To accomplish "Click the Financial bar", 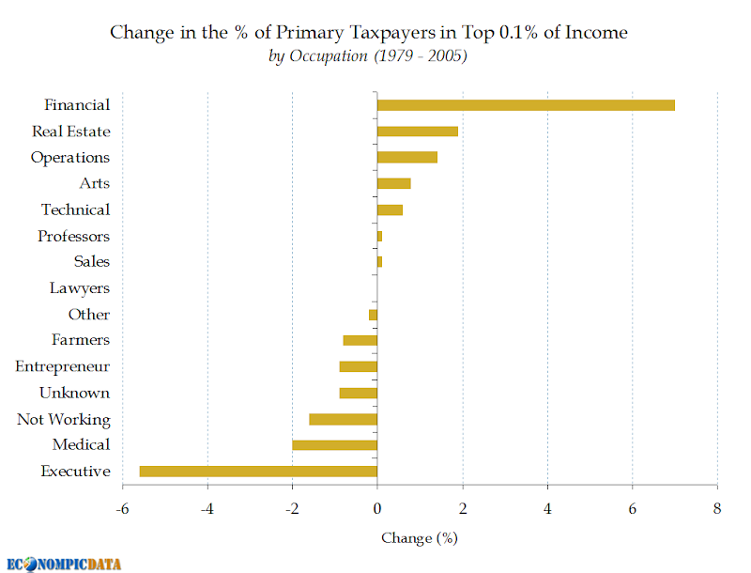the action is (526, 105).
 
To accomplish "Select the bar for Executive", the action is (259, 472).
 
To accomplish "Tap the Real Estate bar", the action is (418, 132).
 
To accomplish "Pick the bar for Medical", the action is (335, 445).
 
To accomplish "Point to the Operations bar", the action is (407, 157).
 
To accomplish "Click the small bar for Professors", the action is (380, 236).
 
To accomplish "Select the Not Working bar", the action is (343, 419).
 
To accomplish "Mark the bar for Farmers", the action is (360, 341).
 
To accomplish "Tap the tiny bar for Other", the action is (373, 315).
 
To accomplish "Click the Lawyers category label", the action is (80, 288).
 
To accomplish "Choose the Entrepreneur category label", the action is (62, 366).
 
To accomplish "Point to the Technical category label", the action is (76, 209).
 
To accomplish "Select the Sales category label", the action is (91, 261).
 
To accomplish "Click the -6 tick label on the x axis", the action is (123, 508).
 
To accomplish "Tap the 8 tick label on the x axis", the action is (717, 508).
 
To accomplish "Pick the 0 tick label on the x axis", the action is (377, 508).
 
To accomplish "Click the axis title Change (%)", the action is (420, 538).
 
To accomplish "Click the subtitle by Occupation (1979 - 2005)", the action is (368, 56).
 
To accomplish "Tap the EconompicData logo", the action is (64, 565).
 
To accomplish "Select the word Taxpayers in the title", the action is (393, 33).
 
